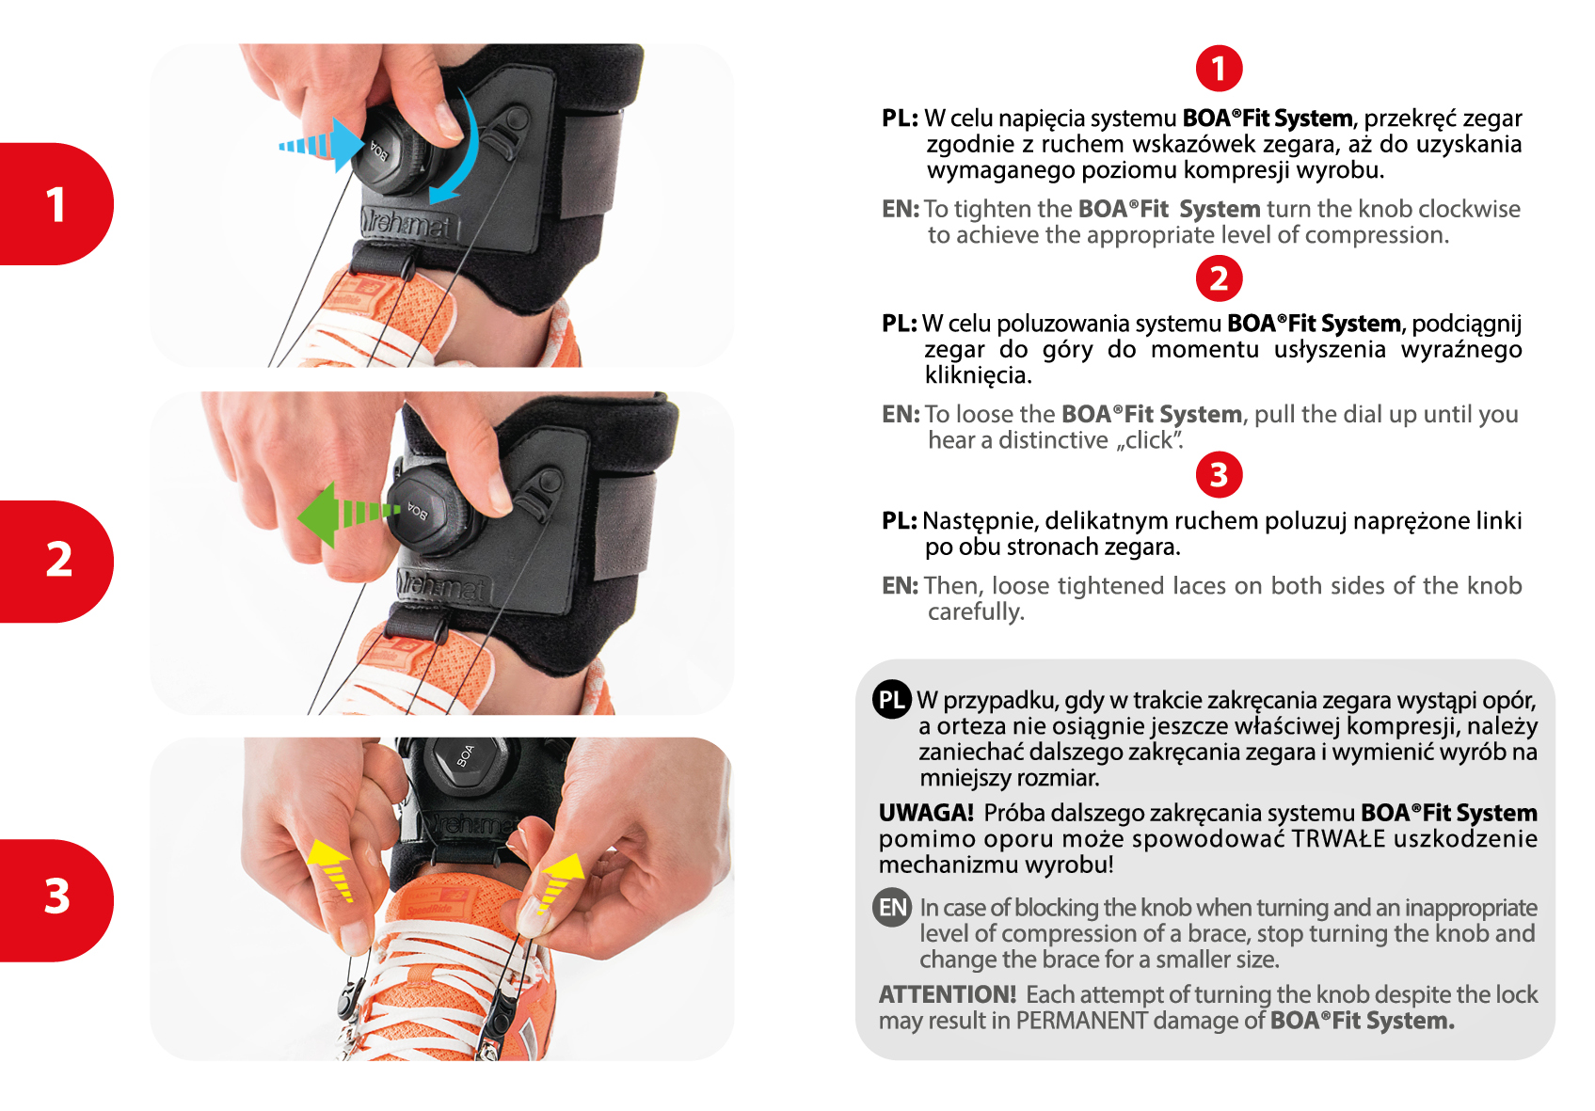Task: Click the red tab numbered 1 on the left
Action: [56, 204]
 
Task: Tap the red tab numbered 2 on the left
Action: [56, 562]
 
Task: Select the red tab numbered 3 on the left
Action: [56, 900]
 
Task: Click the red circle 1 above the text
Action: [1219, 69]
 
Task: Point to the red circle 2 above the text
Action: [1219, 278]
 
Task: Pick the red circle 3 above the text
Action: [1219, 475]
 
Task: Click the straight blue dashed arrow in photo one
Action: [322, 145]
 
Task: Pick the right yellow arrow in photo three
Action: [558, 882]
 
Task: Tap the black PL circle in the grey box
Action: [891, 700]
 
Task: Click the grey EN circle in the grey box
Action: [891, 908]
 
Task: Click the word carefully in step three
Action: [976, 611]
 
